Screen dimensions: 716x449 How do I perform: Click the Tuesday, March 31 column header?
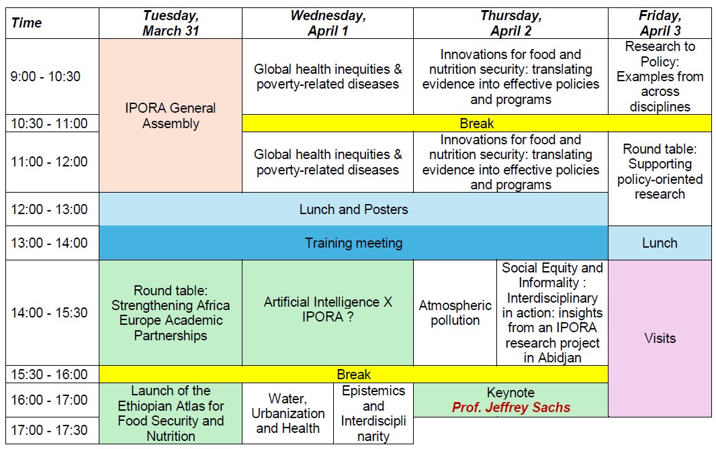(x=171, y=23)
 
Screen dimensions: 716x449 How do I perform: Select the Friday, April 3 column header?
(x=660, y=23)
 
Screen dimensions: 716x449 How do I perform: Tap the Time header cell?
(x=52, y=23)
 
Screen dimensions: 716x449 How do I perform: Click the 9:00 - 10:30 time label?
(x=45, y=77)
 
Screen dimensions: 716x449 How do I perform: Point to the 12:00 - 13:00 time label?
(x=49, y=209)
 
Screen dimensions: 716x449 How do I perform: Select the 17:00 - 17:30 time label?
(x=49, y=430)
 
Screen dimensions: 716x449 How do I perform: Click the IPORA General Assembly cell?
(x=171, y=115)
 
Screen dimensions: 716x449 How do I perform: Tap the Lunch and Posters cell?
(x=353, y=209)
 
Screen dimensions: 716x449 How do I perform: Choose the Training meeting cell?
(x=353, y=243)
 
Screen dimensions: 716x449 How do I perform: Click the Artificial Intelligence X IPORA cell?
(x=328, y=313)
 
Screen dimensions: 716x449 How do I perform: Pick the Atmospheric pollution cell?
(x=455, y=313)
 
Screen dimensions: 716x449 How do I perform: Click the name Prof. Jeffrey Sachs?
(x=511, y=407)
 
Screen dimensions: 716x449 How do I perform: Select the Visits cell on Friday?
(x=660, y=338)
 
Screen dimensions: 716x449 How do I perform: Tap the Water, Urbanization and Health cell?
(x=287, y=413)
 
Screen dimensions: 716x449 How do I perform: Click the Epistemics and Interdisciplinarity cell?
(x=373, y=413)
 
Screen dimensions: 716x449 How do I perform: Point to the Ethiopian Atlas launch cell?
(x=171, y=413)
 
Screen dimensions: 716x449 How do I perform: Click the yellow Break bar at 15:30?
(x=353, y=375)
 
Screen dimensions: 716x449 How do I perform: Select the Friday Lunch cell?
(x=660, y=243)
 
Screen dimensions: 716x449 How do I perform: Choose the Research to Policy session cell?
(x=660, y=77)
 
